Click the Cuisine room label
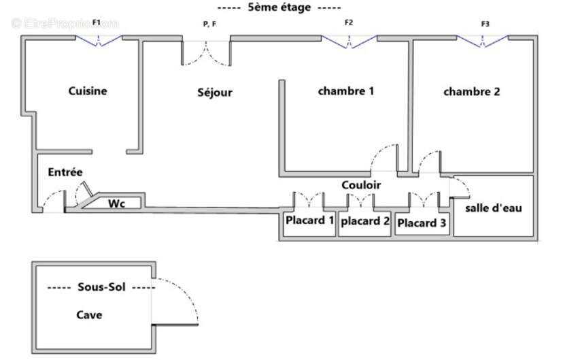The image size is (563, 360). [88, 91]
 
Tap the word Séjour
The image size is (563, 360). [215, 93]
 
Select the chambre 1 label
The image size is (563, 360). [346, 91]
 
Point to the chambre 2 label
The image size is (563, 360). [471, 92]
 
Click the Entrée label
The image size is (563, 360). [65, 172]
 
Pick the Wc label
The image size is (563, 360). [116, 203]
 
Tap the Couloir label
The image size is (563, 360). [361, 185]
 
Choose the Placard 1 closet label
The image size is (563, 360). [309, 220]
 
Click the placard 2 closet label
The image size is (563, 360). [365, 221]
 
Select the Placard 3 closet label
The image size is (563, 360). [422, 223]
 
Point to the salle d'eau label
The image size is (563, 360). [494, 208]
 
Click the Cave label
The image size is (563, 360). [89, 315]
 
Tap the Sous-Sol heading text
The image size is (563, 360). [101, 287]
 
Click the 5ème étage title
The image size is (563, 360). [279, 7]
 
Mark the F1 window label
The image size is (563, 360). [97, 22]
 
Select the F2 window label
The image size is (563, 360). [349, 22]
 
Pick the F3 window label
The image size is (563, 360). [485, 24]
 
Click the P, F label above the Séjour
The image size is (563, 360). [209, 24]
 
